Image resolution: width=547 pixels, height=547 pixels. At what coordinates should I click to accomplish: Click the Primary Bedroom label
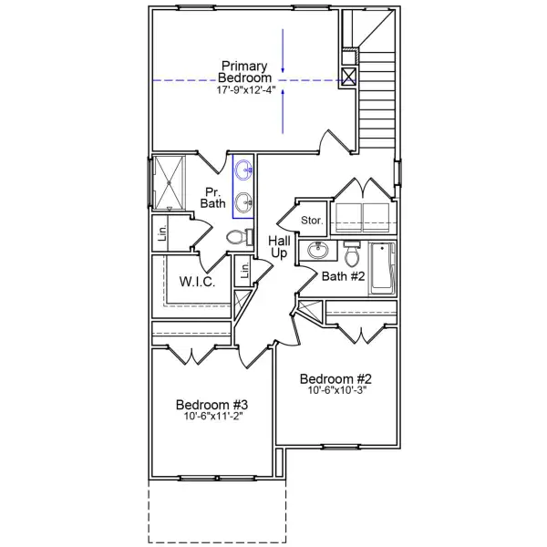click(244, 72)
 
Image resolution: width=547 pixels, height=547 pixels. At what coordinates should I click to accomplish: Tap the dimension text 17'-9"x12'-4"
click(244, 90)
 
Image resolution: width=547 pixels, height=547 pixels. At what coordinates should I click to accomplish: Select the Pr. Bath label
click(213, 197)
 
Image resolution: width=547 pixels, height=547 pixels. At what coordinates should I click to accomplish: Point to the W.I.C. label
click(197, 282)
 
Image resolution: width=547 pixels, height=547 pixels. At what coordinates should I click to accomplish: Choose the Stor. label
click(312, 220)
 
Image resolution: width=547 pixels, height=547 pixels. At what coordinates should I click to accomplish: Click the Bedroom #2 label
click(336, 379)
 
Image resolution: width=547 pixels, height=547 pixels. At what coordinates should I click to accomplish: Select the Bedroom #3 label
click(212, 405)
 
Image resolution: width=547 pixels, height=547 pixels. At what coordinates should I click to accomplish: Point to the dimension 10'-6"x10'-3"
click(336, 392)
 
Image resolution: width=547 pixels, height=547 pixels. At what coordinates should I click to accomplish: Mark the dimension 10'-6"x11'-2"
click(212, 418)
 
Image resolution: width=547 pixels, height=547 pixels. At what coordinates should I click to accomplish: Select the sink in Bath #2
click(318, 251)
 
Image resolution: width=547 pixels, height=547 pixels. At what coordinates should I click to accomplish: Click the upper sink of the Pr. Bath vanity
click(243, 170)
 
